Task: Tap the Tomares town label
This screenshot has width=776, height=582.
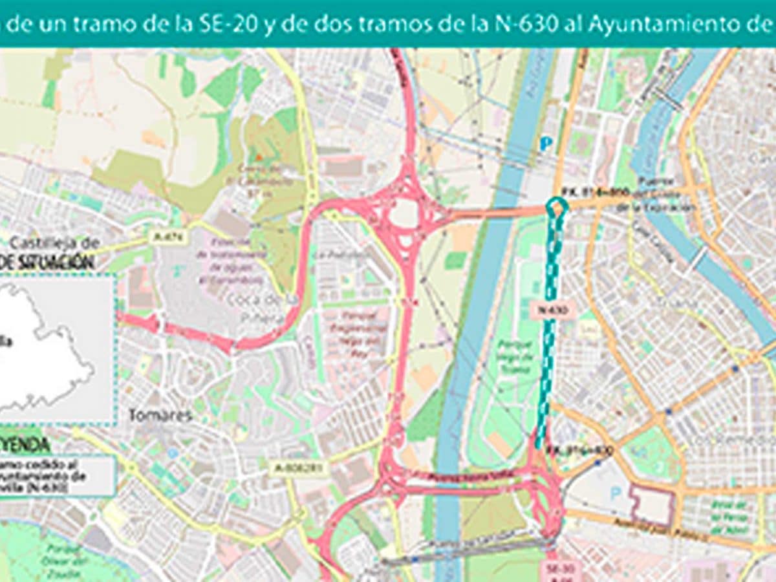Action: pyautogui.click(x=160, y=415)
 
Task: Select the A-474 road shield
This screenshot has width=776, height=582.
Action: pyautogui.click(x=168, y=237)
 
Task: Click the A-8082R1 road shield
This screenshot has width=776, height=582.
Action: pyautogui.click(x=298, y=467)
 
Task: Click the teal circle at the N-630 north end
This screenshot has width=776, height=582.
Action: pyautogui.click(x=556, y=206)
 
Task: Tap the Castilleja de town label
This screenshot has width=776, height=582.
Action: pyautogui.click(x=54, y=243)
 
